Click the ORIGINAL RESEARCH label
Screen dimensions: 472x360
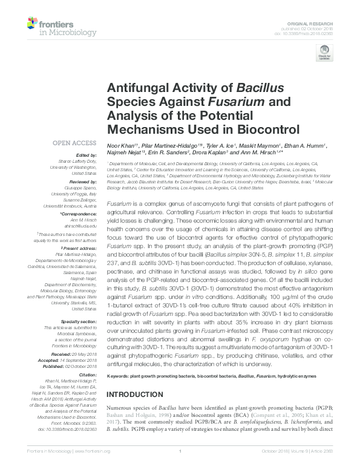317,22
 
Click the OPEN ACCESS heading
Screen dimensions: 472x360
74,143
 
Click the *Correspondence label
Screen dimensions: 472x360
79,215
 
